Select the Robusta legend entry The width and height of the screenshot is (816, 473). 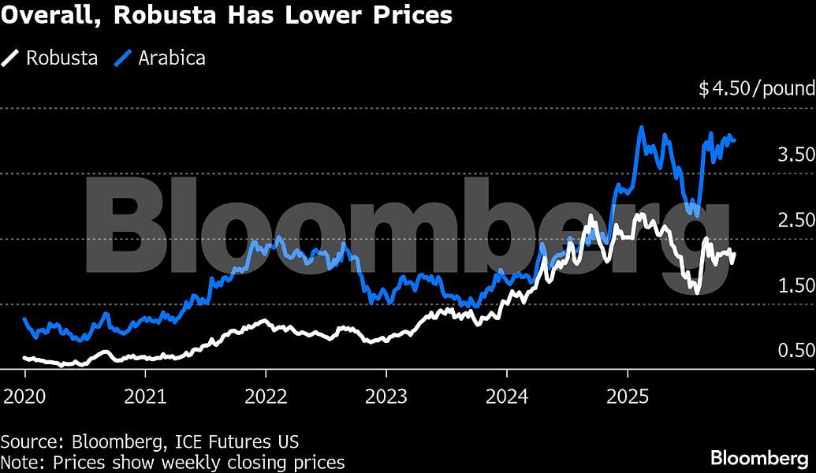click(61, 58)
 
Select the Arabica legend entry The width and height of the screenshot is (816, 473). click(171, 58)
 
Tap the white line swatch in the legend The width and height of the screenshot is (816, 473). click(11, 58)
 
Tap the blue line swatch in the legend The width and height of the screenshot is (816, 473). click(124, 58)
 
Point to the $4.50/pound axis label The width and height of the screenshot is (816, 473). click(756, 88)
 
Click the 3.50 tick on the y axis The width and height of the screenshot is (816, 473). click(796, 154)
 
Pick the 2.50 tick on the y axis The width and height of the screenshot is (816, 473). click(796, 219)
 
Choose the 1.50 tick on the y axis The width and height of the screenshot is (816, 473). click(796, 285)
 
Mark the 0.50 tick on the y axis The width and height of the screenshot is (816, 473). click(796, 350)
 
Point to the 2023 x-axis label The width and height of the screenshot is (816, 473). click(386, 395)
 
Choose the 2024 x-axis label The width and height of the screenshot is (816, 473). click(506, 395)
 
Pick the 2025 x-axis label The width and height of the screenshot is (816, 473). click(627, 395)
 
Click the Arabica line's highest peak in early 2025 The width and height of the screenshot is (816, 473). click(643, 127)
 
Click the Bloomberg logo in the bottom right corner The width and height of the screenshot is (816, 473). click(758, 457)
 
